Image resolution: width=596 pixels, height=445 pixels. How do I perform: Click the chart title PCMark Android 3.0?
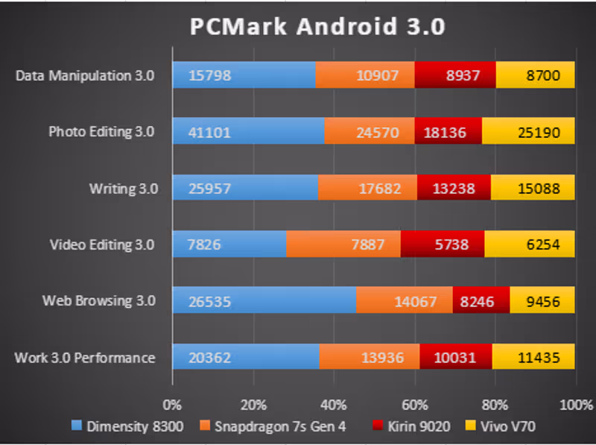pyautogui.click(x=317, y=27)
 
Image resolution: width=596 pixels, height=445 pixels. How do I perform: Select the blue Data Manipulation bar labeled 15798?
pyautogui.click(x=244, y=75)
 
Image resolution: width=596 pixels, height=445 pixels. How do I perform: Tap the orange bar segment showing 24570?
pyautogui.click(x=370, y=132)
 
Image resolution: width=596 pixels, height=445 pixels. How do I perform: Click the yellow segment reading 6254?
pyautogui.click(x=529, y=244)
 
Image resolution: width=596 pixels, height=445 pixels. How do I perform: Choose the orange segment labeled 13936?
pyautogui.click(x=370, y=358)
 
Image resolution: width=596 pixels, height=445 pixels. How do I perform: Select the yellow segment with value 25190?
pyautogui.click(x=528, y=132)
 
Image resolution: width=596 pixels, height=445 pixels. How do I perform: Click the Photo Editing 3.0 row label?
pyautogui.click(x=101, y=132)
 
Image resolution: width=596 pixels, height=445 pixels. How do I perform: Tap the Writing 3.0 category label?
pyautogui.click(x=123, y=189)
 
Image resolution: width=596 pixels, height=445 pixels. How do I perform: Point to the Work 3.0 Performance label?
pyautogui.click(x=85, y=358)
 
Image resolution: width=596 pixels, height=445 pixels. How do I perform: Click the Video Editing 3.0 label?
pyautogui.click(x=102, y=244)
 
